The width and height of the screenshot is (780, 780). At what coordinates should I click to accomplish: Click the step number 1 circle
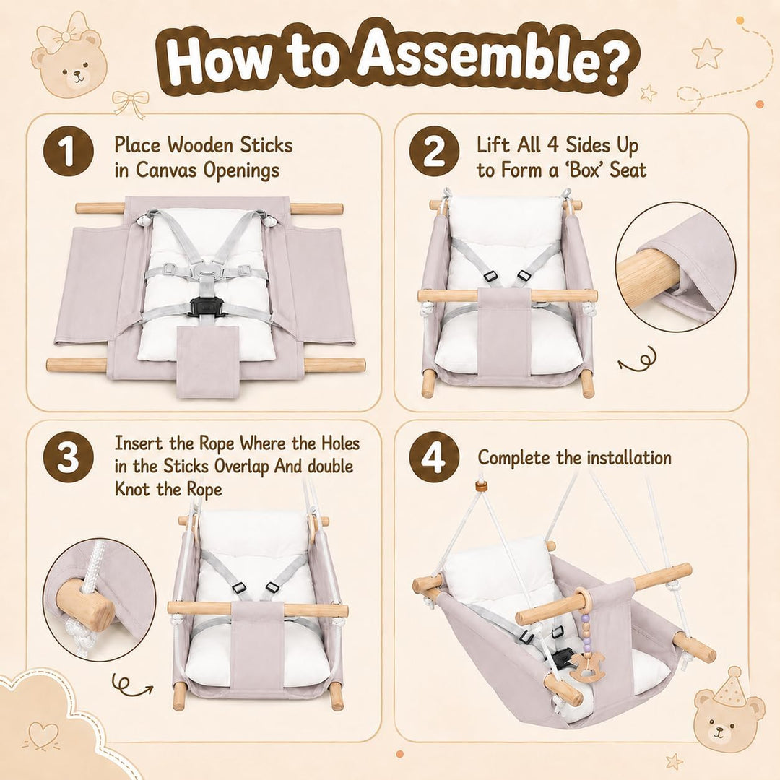(x=68, y=151)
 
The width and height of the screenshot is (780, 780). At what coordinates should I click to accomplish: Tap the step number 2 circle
(x=434, y=151)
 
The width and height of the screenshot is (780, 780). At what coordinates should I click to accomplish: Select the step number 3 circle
(x=68, y=456)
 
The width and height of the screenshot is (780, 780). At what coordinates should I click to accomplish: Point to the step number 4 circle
(x=434, y=456)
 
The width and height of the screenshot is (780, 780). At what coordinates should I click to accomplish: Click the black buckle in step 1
(x=204, y=308)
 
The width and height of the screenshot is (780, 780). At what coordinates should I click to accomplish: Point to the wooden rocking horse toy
(x=587, y=667)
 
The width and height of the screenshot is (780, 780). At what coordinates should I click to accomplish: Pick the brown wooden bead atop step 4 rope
(x=480, y=487)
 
